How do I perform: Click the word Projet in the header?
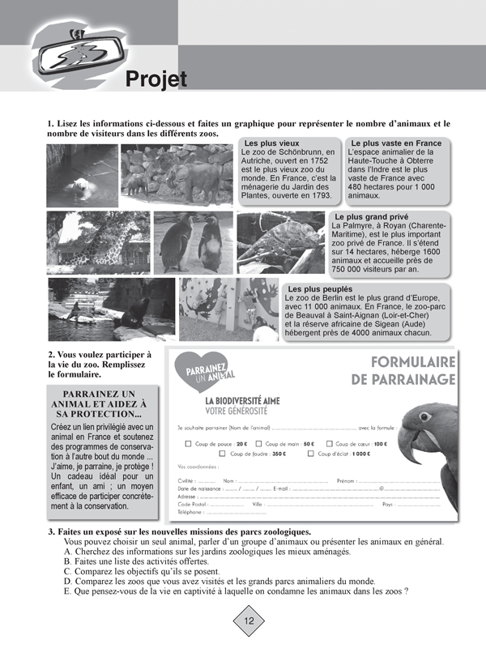pyautogui.click(x=156, y=79)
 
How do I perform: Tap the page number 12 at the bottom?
pyautogui.click(x=249, y=621)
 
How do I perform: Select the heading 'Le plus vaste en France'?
pyautogui.click(x=396, y=143)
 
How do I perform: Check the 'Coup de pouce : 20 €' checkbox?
pyautogui.click(x=189, y=444)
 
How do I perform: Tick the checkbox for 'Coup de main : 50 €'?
pyautogui.click(x=258, y=444)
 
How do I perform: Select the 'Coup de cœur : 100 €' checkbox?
pyautogui.click(x=330, y=444)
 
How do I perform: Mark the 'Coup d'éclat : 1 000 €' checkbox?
pyautogui.click(x=311, y=454)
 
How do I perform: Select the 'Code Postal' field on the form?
pyautogui.click(x=222, y=504)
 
